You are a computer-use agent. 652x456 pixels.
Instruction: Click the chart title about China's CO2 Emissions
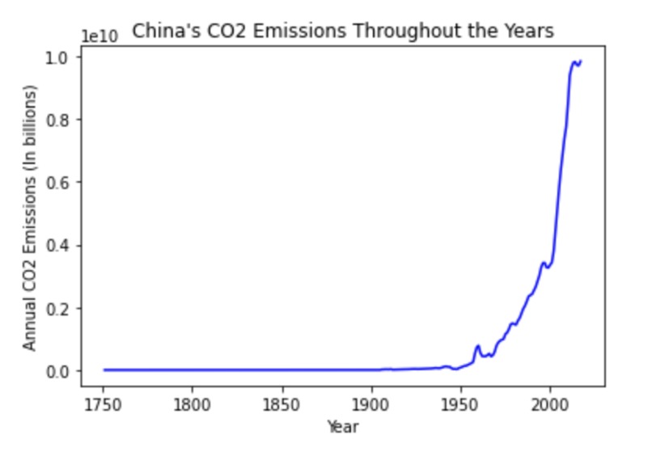(x=342, y=32)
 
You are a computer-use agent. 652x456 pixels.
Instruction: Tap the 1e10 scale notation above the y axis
(x=99, y=36)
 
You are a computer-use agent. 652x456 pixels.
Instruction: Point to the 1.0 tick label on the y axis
(x=66, y=57)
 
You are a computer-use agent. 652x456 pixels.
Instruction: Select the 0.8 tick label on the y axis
(x=66, y=120)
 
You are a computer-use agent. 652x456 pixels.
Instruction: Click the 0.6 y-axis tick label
(x=66, y=183)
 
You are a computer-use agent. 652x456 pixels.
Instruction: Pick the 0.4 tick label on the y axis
(x=66, y=245)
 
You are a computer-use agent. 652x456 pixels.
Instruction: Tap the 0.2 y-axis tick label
(x=66, y=308)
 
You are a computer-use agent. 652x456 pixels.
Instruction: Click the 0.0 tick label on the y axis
(x=66, y=371)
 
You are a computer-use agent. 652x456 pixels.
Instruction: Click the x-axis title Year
(x=342, y=426)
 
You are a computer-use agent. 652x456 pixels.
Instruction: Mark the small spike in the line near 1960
(x=478, y=347)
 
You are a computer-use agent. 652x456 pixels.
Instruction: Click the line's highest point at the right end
(x=580, y=61)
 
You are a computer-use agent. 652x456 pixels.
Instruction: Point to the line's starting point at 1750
(x=104, y=370)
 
